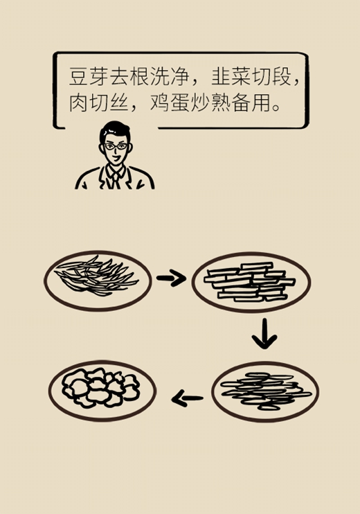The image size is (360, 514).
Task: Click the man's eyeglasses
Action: click(x=116, y=147)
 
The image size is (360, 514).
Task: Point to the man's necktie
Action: click(x=115, y=179)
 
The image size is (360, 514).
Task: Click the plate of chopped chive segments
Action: click(x=251, y=282)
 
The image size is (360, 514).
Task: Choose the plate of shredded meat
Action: click(x=265, y=391)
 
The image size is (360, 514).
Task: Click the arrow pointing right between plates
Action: click(x=171, y=278)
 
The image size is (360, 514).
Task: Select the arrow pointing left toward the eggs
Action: click(x=187, y=399)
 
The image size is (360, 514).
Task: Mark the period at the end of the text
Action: click(x=277, y=107)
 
